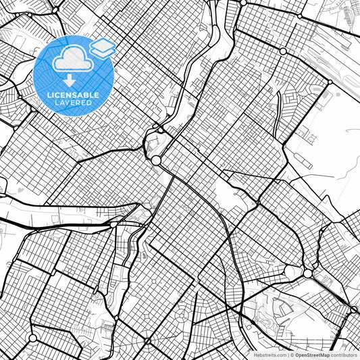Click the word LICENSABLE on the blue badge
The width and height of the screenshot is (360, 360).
point(73,95)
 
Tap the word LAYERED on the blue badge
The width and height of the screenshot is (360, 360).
point(73,103)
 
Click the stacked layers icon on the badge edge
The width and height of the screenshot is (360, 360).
point(103,47)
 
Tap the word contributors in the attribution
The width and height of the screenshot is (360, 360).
point(344,355)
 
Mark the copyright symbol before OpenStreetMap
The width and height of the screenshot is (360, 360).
point(292,355)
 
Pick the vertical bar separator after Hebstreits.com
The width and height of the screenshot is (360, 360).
point(288,355)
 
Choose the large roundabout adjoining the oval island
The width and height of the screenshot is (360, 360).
point(308,274)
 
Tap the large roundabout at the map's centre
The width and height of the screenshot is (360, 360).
point(156,160)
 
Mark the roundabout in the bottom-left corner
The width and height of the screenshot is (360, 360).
point(32,338)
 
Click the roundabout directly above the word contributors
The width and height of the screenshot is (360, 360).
point(354,310)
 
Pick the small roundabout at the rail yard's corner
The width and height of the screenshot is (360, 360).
point(329,82)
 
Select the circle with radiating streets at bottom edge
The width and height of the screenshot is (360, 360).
point(147,342)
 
